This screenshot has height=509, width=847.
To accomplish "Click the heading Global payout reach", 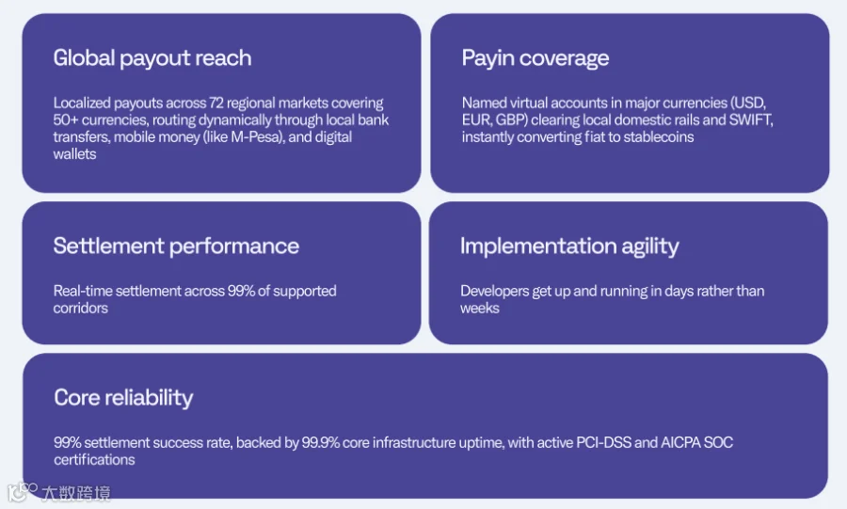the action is (x=152, y=58).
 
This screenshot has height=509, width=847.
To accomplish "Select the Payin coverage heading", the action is (x=535, y=58).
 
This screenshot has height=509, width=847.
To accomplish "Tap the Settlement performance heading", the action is (x=176, y=247).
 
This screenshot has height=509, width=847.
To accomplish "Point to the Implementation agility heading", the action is (x=569, y=247).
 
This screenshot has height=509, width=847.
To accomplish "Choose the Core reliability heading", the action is (x=123, y=398).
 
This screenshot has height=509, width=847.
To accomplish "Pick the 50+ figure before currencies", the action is (x=65, y=119).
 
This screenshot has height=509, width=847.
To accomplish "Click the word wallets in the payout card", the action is (x=74, y=154).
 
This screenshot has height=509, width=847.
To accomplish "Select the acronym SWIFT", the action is (x=750, y=119).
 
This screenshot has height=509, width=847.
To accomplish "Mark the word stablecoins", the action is (x=659, y=137).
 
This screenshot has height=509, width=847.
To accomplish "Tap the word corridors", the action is (x=81, y=309).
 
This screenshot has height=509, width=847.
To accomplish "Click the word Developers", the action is (x=494, y=292).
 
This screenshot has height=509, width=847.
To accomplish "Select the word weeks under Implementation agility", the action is (x=480, y=309).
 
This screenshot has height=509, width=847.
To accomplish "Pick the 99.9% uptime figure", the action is (x=320, y=442).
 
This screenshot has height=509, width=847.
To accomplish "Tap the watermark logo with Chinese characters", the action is (x=59, y=492).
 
